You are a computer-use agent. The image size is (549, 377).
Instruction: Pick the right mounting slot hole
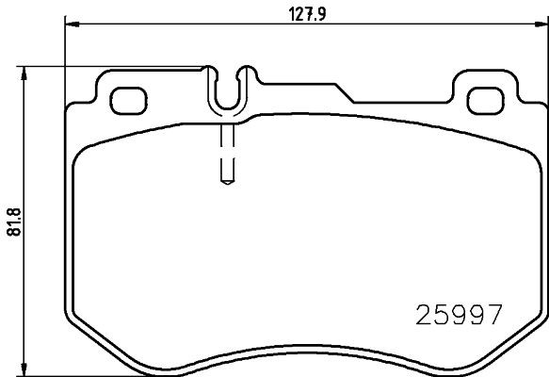pyautogui.click(x=487, y=98)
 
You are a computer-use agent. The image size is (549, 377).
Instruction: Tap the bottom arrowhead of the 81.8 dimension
pyautogui.click(x=24, y=370)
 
